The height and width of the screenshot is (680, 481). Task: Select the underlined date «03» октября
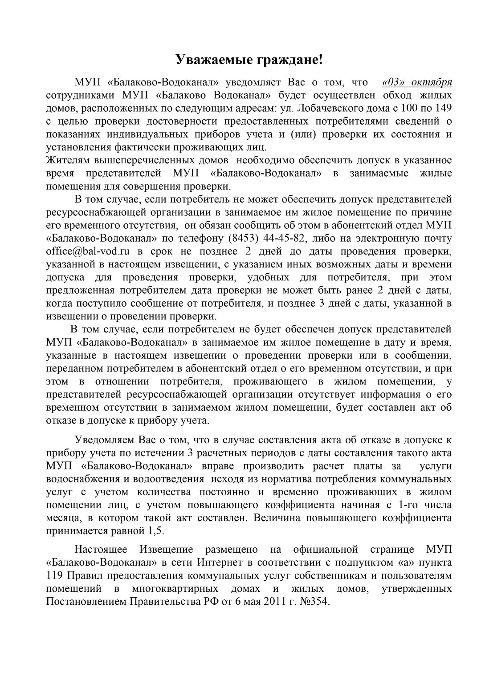click(x=417, y=82)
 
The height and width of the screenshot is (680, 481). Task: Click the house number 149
click(x=443, y=108)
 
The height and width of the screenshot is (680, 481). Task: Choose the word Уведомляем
click(x=105, y=441)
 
